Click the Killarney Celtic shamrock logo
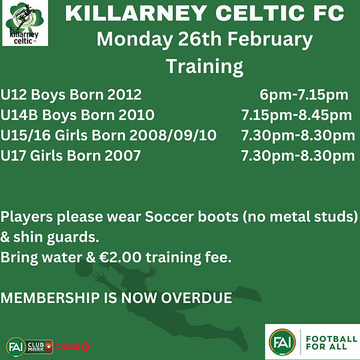coord(25,23)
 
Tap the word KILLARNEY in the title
coord(136,13)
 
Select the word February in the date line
coord(270,40)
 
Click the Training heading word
coord(205,66)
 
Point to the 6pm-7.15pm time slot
coord(304,95)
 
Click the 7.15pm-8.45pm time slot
coord(296,115)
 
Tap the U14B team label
coord(19,115)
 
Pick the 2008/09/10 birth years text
coord(173,135)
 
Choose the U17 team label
coord(13,155)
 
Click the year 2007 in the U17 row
coord(122,155)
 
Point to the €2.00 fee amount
coord(120,257)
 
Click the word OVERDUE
coord(196,298)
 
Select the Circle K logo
coord(73,347)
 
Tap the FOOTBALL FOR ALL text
coord(331,343)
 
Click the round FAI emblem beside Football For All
coord(282,342)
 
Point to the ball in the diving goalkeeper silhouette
coord(84,269)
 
